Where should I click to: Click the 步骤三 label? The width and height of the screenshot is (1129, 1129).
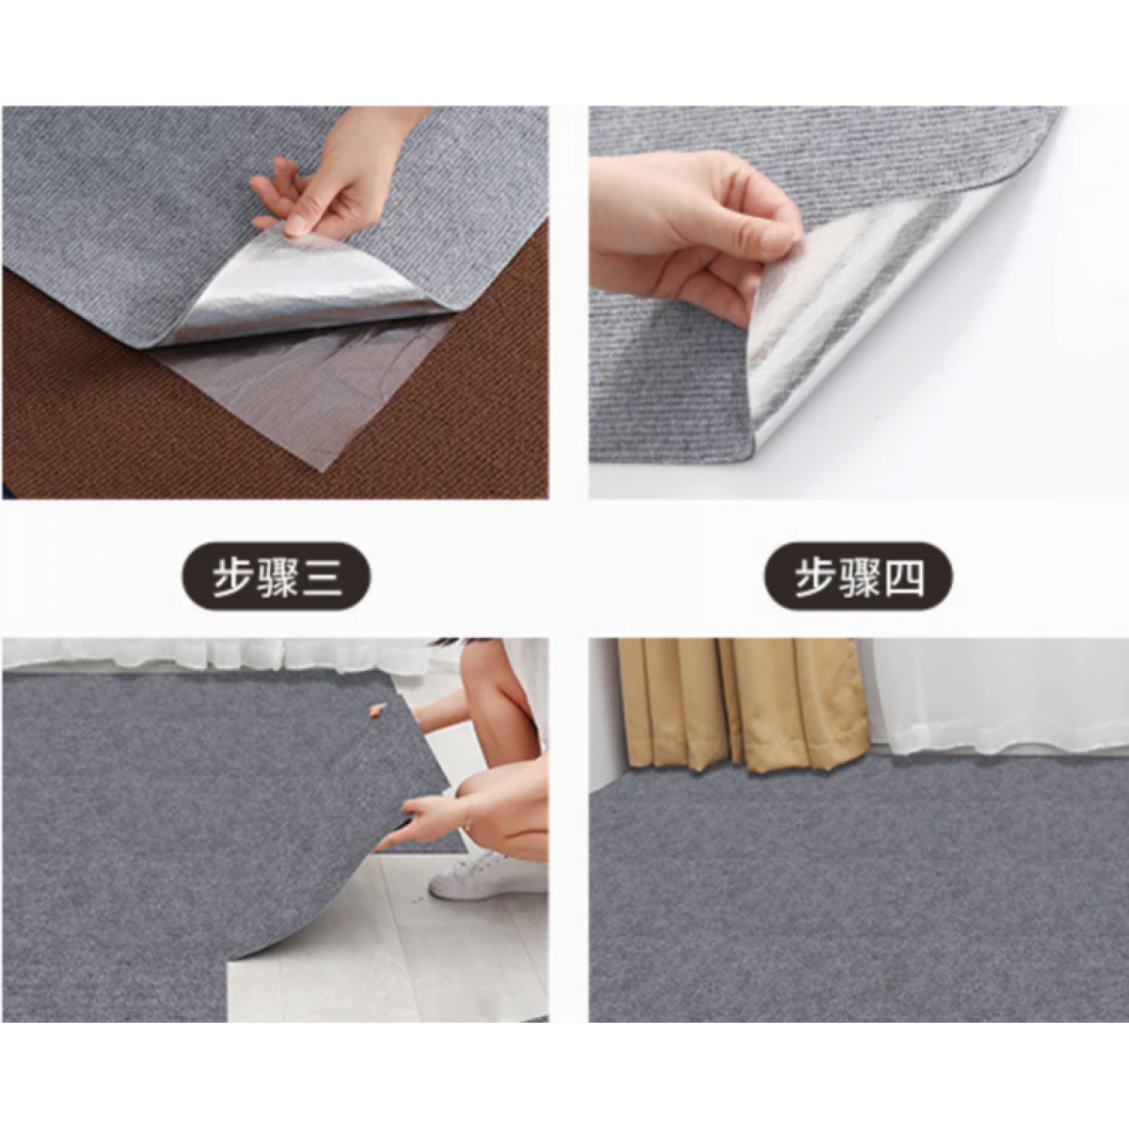[276, 576]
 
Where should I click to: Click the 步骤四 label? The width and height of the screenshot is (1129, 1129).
[858, 576]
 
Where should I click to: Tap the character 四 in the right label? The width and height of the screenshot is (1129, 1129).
[903, 577]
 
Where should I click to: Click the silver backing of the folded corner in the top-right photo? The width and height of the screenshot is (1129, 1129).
[867, 305]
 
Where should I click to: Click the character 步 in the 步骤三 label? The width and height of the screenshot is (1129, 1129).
[231, 577]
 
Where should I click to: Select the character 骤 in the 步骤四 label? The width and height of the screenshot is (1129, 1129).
[858, 577]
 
